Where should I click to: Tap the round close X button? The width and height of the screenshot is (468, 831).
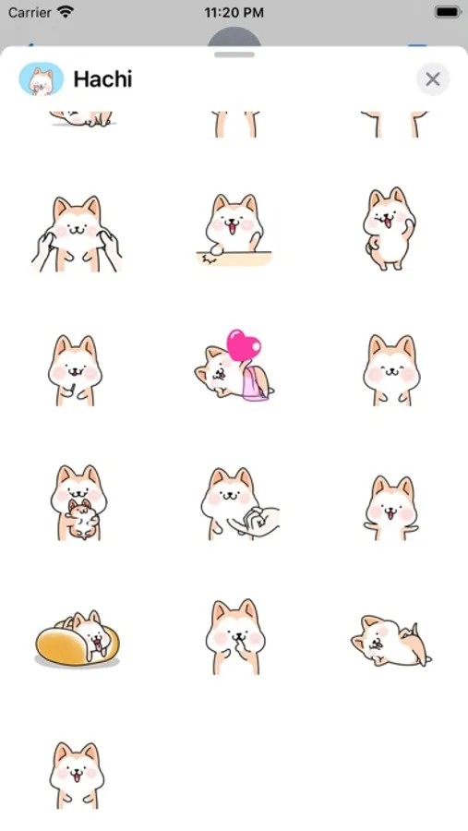433,79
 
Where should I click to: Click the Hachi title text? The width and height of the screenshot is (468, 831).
102,79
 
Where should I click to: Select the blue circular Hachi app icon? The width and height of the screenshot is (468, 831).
41,79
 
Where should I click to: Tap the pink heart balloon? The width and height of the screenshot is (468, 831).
244,344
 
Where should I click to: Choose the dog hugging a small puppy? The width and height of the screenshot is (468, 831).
78,502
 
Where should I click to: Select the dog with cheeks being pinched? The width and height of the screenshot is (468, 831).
77,234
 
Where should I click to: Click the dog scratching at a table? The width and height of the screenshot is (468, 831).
234,230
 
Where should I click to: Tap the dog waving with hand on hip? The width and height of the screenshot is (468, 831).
389,228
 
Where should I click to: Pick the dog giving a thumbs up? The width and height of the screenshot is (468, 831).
76,370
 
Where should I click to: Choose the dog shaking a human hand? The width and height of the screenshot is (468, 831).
240,503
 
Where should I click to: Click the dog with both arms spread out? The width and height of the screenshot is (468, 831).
391,508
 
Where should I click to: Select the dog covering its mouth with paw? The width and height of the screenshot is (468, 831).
234,636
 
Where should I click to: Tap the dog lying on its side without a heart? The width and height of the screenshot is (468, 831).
390,641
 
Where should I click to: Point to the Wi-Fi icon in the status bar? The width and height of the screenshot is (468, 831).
66,12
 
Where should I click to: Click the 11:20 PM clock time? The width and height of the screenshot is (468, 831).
234,13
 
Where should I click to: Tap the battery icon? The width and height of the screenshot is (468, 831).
448,12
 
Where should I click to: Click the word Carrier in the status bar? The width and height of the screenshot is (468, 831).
30,12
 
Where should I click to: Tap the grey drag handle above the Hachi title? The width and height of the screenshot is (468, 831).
234,54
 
